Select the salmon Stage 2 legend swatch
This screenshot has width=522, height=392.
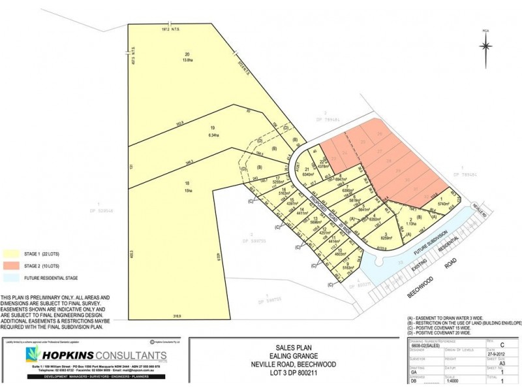[x=12, y=266]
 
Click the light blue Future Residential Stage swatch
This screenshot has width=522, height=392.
[x=12, y=279]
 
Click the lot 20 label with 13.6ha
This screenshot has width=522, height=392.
[x=187, y=57]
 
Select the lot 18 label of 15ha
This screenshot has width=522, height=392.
[x=188, y=188]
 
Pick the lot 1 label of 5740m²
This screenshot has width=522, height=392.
[x=444, y=203]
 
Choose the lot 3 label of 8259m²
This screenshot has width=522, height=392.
[x=386, y=237]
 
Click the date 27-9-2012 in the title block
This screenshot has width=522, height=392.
[x=496, y=351]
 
